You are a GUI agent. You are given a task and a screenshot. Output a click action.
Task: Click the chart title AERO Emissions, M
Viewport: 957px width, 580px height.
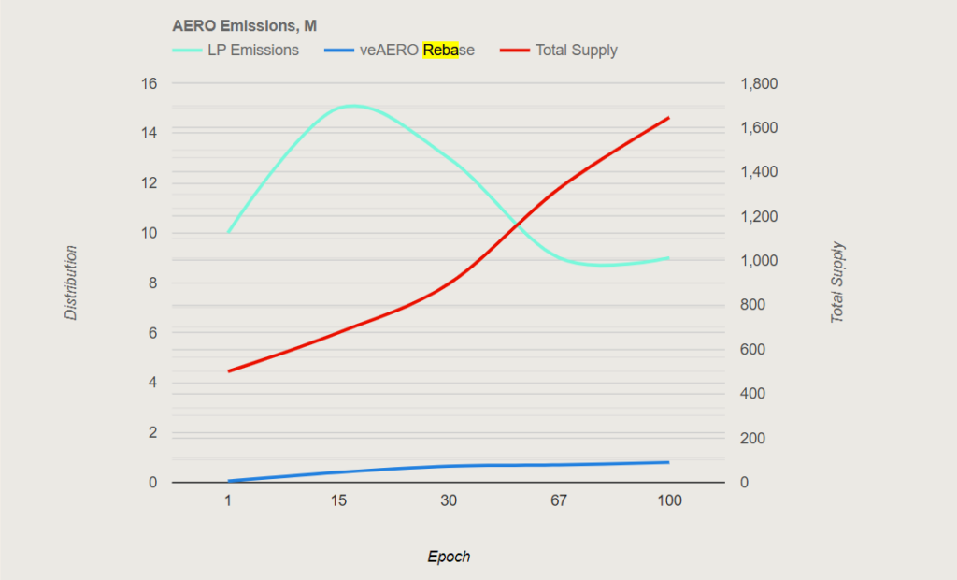pos(244,26)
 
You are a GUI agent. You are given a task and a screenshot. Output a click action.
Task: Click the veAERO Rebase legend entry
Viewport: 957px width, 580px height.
pos(417,51)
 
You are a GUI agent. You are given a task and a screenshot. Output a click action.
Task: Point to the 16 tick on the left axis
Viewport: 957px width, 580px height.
pos(149,83)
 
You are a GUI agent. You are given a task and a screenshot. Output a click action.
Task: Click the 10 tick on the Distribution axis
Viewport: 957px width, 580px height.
pos(149,233)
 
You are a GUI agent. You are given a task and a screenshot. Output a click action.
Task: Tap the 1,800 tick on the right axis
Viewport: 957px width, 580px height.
pos(759,83)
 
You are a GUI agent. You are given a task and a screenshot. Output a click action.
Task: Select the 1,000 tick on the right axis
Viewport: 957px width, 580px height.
pos(759,261)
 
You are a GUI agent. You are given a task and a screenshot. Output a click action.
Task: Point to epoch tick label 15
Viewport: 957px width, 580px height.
pos(338,501)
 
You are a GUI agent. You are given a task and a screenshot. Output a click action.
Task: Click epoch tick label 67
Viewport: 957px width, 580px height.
pos(559,501)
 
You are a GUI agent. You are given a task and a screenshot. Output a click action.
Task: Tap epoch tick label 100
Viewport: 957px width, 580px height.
pos(669,501)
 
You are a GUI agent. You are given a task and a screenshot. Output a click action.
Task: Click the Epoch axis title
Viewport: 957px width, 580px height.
pos(449,557)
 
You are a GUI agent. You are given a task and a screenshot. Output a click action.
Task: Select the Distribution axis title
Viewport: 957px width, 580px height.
pos(71,283)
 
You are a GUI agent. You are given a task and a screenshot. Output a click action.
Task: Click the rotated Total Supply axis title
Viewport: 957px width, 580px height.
pos(837,283)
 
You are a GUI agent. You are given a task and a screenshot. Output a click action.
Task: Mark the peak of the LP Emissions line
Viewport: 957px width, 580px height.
pos(353,106)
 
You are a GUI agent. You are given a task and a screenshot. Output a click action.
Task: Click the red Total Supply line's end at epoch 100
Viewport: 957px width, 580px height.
pos(669,118)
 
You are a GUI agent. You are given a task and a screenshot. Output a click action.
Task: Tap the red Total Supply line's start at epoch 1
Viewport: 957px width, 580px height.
pos(228,371)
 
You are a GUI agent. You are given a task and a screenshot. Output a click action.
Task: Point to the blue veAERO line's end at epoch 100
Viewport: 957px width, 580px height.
pos(669,462)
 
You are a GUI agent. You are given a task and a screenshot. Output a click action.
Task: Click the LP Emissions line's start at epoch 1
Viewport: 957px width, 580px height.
pos(228,232)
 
